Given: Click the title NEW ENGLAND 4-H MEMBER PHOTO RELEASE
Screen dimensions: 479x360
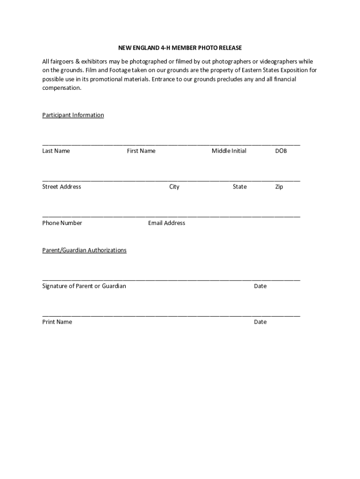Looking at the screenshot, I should [180, 48].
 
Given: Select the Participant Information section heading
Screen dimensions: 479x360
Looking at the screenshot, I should [73, 115].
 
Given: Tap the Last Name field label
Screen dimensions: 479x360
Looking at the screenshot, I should [56, 151].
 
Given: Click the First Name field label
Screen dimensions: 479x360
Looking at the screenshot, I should [141, 151].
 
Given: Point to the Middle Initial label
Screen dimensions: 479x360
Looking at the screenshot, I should [229, 151].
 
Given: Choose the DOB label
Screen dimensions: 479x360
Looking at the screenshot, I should [281, 151].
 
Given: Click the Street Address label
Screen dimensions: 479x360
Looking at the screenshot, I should [62, 187].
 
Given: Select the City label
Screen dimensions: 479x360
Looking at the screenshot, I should [174, 187].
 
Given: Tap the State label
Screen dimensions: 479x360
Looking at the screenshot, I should [240, 187].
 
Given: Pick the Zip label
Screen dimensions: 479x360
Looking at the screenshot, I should [279, 187].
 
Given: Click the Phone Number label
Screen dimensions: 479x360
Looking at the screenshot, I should [62, 223].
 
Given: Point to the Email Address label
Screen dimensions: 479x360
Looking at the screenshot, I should [166, 223].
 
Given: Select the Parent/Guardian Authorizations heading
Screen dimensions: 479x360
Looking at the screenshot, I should [84, 250].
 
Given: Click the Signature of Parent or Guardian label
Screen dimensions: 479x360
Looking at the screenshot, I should [84, 286].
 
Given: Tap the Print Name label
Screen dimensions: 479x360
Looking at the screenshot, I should [57, 322].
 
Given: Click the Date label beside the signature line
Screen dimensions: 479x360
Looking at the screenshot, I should [260, 286].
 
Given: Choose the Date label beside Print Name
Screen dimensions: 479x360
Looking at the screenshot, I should [260, 322].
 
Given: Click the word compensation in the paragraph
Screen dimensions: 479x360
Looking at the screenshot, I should [62, 88].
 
